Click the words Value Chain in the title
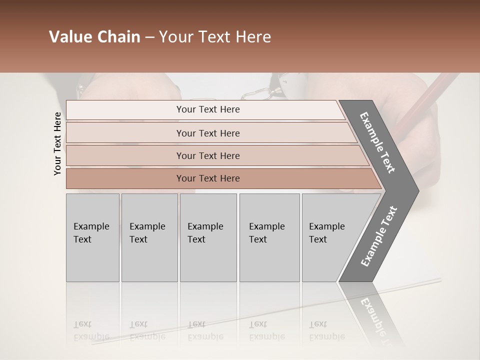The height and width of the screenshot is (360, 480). point(94,37)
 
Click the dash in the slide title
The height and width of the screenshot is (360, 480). point(149,37)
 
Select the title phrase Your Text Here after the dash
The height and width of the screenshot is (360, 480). point(215,37)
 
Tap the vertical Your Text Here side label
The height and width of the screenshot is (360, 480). point(57,144)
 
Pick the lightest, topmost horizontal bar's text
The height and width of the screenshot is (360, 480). point(208,109)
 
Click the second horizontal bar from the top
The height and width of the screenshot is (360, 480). point(208,133)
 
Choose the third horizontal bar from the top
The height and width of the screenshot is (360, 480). point(208,155)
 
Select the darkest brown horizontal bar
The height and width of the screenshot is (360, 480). point(208,178)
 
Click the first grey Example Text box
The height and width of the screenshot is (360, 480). point(92,237)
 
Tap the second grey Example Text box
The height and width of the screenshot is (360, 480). point(149,237)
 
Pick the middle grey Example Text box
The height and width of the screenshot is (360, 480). point(208,237)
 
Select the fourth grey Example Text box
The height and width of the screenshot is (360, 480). point(269,237)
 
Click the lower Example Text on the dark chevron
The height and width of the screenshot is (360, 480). point(379,236)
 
